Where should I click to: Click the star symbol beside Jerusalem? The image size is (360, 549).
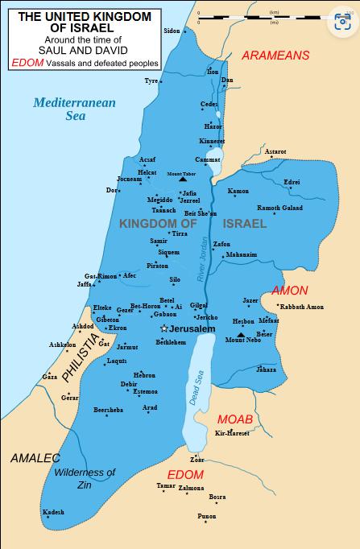[164, 328]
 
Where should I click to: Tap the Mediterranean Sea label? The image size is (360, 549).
[75, 109]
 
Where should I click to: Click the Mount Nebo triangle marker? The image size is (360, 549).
[241, 332]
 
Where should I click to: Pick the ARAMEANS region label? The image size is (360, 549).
[276, 55]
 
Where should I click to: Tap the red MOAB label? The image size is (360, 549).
[235, 420]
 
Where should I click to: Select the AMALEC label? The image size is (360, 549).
[35, 458]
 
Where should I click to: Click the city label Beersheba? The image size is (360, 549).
[109, 410]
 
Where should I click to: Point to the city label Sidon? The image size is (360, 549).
[172, 31]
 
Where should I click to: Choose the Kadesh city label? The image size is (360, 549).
[53, 512]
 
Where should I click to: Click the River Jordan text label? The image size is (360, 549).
[204, 259]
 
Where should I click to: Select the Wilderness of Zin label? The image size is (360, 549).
[85, 478]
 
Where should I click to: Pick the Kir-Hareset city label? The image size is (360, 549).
[233, 434]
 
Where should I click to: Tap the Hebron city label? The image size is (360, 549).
[144, 375]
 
